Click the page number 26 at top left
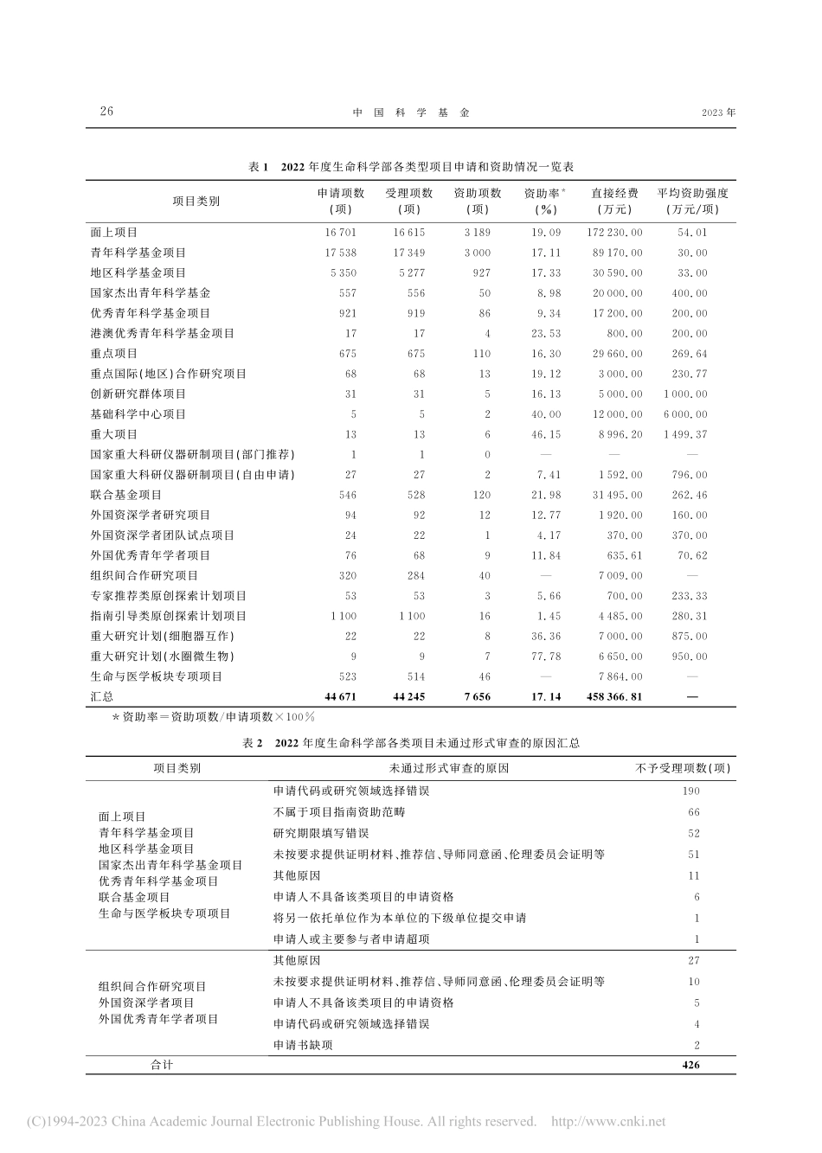tap(106, 112)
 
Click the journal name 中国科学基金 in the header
tap(411, 112)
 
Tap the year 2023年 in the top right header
tap(718, 112)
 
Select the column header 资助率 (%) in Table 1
tap(545, 201)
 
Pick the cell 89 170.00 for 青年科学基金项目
tap(617, 253)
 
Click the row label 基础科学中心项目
tap(138, 414)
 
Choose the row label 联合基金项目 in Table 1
tap(126, 495)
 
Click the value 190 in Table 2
tap(690, 791)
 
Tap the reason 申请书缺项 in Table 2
tap(303, 1045)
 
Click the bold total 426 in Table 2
tap(690, 1065)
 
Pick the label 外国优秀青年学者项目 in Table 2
tap(158, 1019)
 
